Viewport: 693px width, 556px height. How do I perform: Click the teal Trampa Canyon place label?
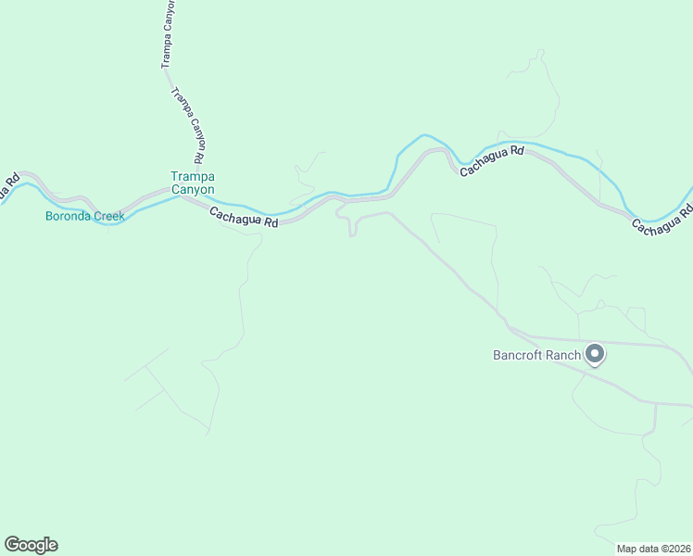pos(192,183)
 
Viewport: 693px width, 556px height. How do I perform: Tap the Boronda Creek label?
pos(85,217)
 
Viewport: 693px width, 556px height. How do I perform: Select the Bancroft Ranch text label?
pos(537,355)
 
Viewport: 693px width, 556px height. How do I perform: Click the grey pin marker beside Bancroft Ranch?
pos(595,354)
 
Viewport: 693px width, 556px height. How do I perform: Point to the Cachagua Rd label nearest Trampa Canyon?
pos(244,218)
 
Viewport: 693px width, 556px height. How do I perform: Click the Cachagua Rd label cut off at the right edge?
pos(661,220)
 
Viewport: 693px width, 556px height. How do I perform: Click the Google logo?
pos(31,545)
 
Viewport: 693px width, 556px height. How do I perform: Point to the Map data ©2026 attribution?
pos(653,549)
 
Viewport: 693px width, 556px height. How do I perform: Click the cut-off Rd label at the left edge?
pos(8,188)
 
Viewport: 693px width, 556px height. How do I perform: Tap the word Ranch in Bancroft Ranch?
pos(563,355)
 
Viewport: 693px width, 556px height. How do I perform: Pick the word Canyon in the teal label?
pos(192,189)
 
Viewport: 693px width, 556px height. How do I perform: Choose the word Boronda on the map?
pos(67,217)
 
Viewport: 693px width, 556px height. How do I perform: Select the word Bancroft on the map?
pos(518,355)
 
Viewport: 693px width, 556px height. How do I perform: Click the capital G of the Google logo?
pos(12,545)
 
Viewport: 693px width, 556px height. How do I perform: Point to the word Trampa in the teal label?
pos(192,176)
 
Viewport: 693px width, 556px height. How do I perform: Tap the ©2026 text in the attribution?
pos(674,549)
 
